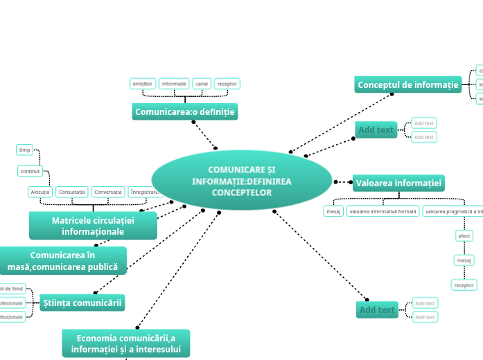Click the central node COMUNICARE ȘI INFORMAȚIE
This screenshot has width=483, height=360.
[x=241, y=180]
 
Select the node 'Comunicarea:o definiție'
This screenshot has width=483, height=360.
[x=184, y=111]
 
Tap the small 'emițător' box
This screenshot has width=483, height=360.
[x=143, y=84]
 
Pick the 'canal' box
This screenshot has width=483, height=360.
[x=202, y=84]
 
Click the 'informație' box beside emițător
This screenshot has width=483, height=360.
[x=174, y=84]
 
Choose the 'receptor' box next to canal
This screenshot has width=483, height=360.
[x=227, y=84]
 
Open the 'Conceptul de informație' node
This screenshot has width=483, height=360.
[x=407, y=84]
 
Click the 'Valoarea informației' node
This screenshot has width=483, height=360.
[x=398, y=183]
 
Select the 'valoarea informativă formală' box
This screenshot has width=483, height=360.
[x=383, y=211]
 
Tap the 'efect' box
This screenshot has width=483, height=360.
[x=464, y=236]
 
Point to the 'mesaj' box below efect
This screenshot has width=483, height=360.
[x=464, y=260]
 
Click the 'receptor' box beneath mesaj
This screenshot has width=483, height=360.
[x=464, y=285]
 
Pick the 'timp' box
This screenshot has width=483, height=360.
[x=24, y=150]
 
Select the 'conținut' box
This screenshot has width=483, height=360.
[x=30, y=170]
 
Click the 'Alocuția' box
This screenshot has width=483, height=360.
[x=40, y=192]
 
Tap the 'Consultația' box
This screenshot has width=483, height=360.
[x=72, y=192]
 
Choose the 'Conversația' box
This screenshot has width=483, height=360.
[x=107, y=192]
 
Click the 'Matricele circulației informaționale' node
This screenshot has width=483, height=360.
[x=93, y=226]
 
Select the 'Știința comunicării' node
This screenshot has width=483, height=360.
[x=82, y=302]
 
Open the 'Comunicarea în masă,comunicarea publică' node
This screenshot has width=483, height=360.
[x=62, y=261]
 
